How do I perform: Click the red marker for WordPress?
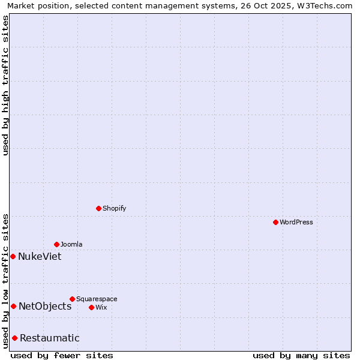(275, 222)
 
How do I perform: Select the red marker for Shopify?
(98, 208)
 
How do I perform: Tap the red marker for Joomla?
(56, 244)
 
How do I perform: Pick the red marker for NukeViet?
(13, 256)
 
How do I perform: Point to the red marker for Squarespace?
(72, 299)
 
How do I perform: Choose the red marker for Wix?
(91, 307)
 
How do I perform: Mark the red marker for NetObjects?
(13, 306)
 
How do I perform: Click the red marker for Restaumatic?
(14, 338)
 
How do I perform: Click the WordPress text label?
(296, 222)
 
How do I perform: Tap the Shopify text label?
(114, 208)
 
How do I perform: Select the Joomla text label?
(71, 244)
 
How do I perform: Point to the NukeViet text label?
(40, 256)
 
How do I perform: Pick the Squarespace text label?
(97, 299)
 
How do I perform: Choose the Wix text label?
(101, 307)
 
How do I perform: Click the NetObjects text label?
(45, 306)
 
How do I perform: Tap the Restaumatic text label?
(50, 338)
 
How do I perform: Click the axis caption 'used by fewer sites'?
(62, 355)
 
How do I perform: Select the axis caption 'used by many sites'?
(301, 355)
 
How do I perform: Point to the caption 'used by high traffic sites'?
(5, 85)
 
